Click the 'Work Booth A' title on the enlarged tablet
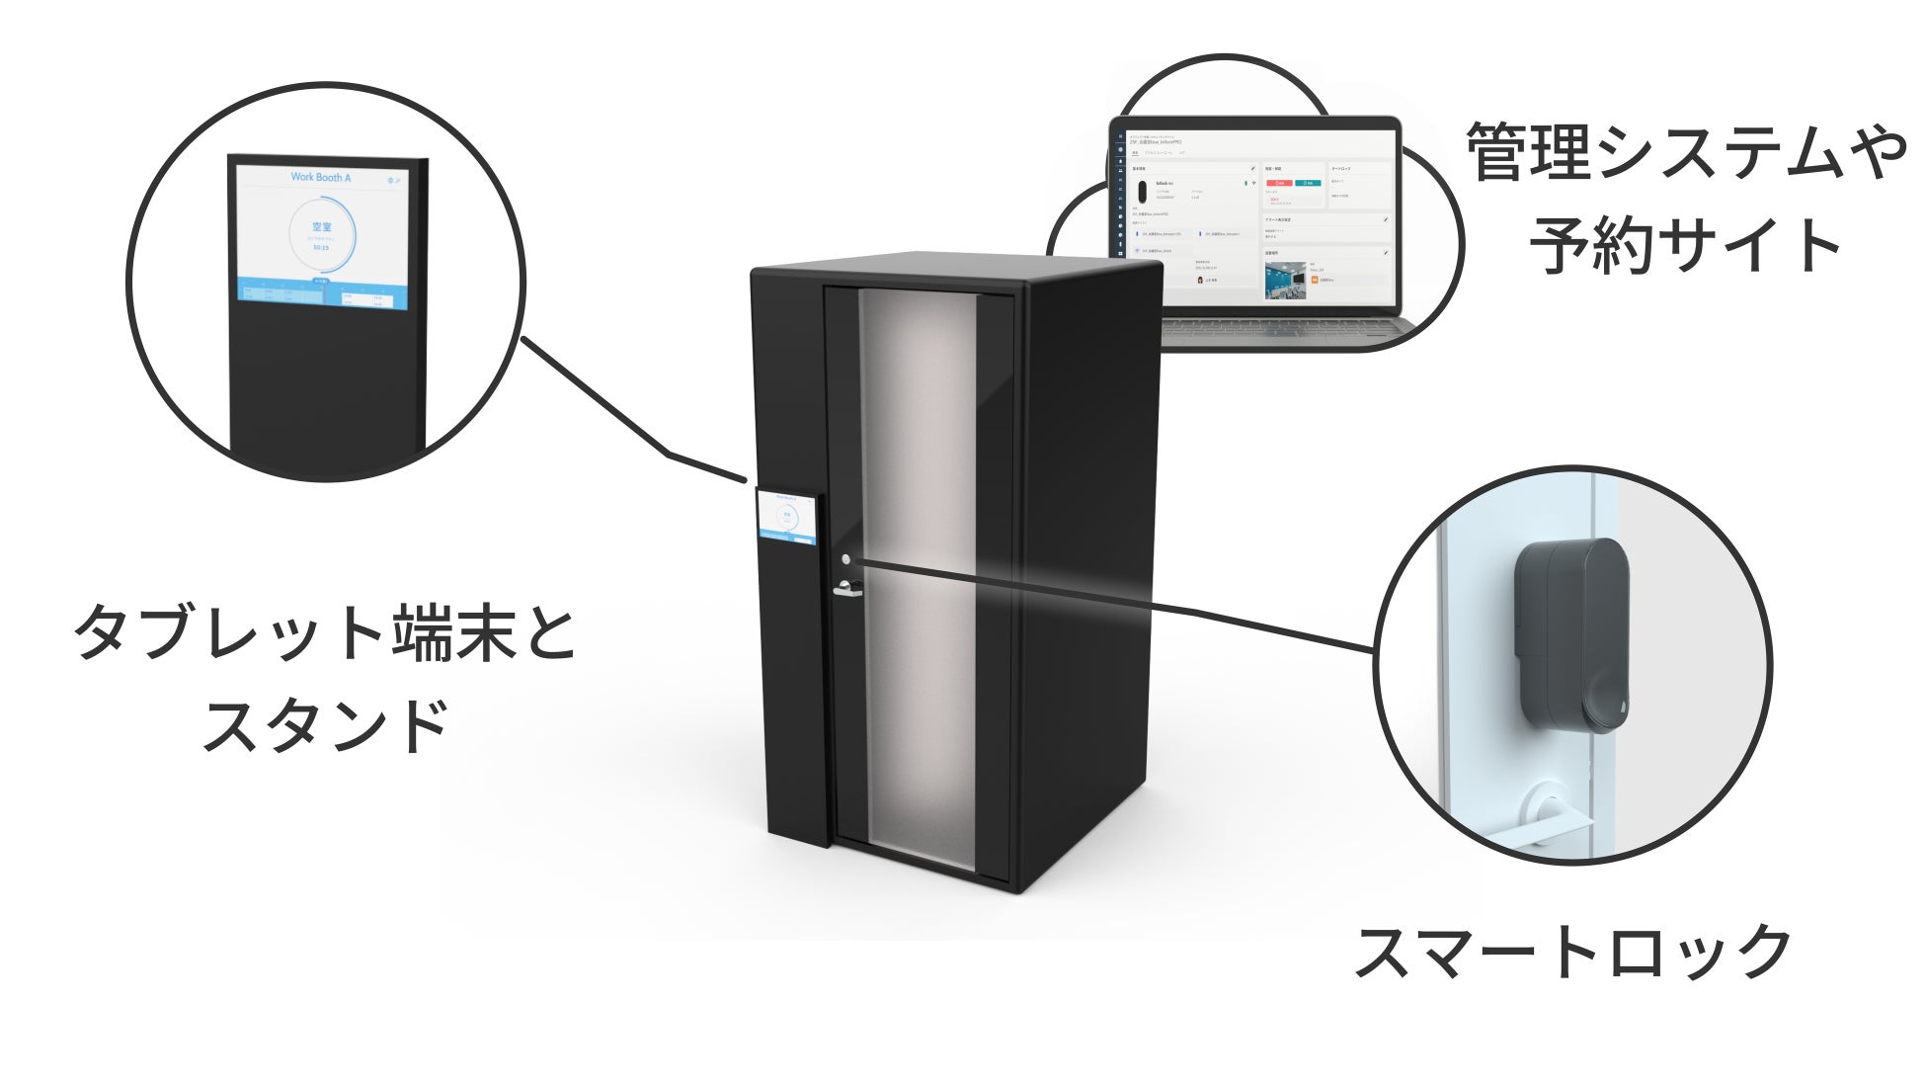[x=320, y=178]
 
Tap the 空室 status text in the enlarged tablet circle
[x=322, y=227]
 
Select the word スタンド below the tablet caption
[x=326, y=726]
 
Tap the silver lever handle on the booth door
[x=846, y=592]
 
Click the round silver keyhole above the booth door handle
[x=845, y=560]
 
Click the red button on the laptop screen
[x=1280, y=183]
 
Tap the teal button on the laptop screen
[x=1308, y=183]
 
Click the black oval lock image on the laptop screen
[x=1143, y=191]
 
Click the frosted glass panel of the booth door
[x=919, y=583]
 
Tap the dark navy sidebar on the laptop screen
[x=1120, y=198]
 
